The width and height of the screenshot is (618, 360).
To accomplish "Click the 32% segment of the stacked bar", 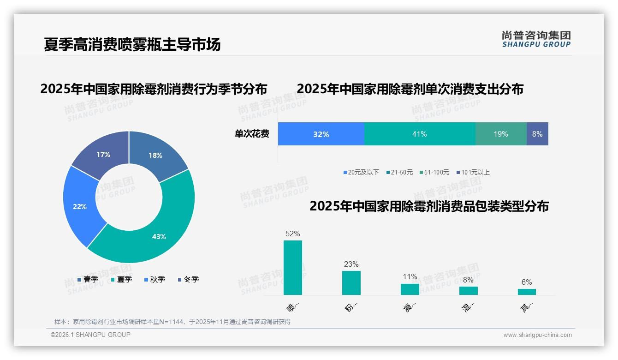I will click(321, 134).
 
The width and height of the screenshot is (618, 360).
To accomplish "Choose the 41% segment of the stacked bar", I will click(420, 134).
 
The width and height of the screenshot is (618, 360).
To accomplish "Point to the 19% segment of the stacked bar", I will click(501, 134).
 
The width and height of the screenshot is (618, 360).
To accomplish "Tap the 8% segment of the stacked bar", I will click(537, 134).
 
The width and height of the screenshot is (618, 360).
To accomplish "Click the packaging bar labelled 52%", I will click(293, 268).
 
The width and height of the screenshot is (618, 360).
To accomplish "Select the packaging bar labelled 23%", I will click(351, 282).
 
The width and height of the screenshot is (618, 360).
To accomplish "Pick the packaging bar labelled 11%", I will click(410, 289).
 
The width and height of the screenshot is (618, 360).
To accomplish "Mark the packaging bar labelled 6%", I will click(527, 292).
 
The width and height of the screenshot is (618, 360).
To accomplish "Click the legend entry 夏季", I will click(122, 279).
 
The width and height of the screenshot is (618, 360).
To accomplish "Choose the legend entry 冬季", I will click(188, 279).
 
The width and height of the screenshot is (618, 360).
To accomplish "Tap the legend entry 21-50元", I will click(399, 172).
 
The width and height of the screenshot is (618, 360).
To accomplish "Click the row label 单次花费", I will click(252, 134).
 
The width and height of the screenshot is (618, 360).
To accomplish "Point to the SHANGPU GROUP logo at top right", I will click(536, 39).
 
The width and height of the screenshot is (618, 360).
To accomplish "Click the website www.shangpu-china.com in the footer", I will click(537, 335).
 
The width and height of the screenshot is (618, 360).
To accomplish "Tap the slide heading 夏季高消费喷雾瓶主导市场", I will click(132, 44).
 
